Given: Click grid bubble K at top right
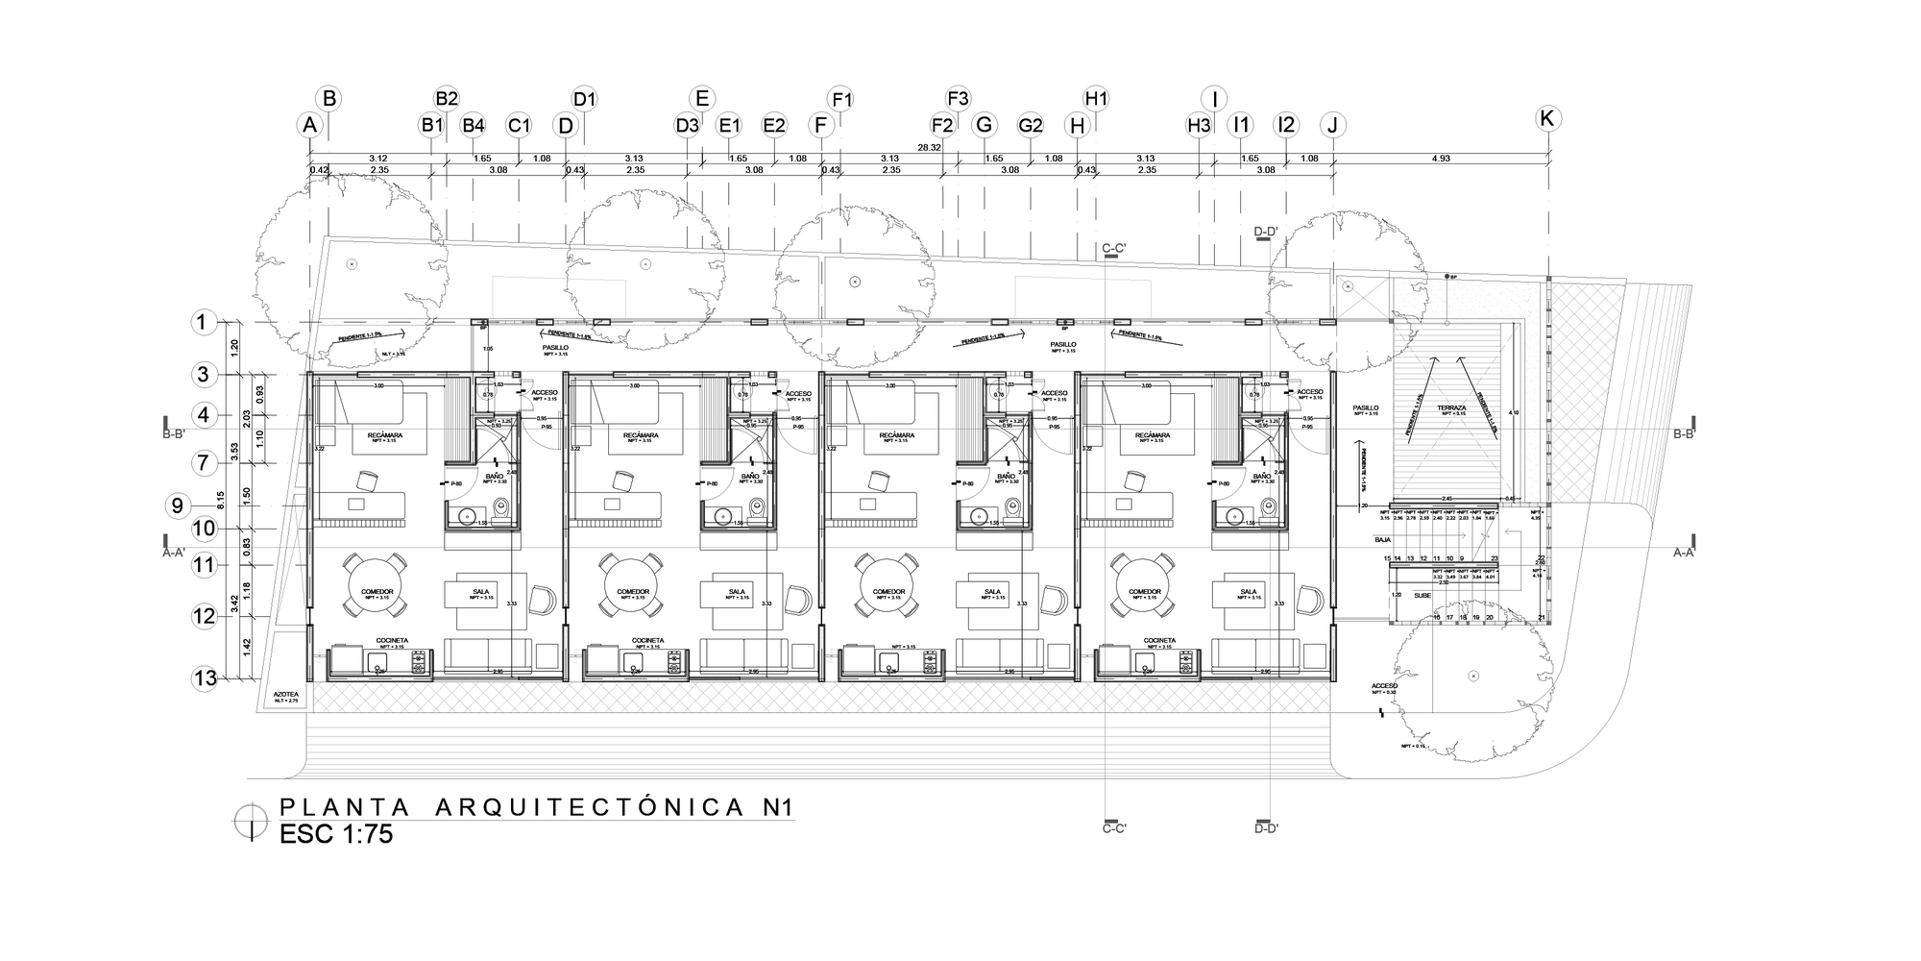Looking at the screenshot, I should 1547,118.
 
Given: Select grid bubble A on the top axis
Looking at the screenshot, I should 309,125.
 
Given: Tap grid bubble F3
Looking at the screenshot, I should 958,98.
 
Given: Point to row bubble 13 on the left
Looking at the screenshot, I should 205,678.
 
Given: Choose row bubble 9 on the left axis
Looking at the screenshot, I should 178,505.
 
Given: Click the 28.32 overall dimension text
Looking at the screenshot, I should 929,148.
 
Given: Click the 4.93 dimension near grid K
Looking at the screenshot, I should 1441,159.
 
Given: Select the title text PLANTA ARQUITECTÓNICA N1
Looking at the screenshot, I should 536,807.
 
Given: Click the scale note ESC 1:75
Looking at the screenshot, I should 336,834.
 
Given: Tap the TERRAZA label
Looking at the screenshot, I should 1451,408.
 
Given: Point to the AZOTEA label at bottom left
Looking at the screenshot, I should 286,693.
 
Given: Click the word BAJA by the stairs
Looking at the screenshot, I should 1383,541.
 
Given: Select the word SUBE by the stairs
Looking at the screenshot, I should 1422,595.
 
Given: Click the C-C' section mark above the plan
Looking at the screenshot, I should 1114,249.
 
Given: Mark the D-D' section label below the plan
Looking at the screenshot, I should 1267,826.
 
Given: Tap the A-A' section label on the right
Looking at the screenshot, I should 1683,553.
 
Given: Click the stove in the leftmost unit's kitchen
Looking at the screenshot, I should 420,661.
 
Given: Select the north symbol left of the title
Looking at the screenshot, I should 252,820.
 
